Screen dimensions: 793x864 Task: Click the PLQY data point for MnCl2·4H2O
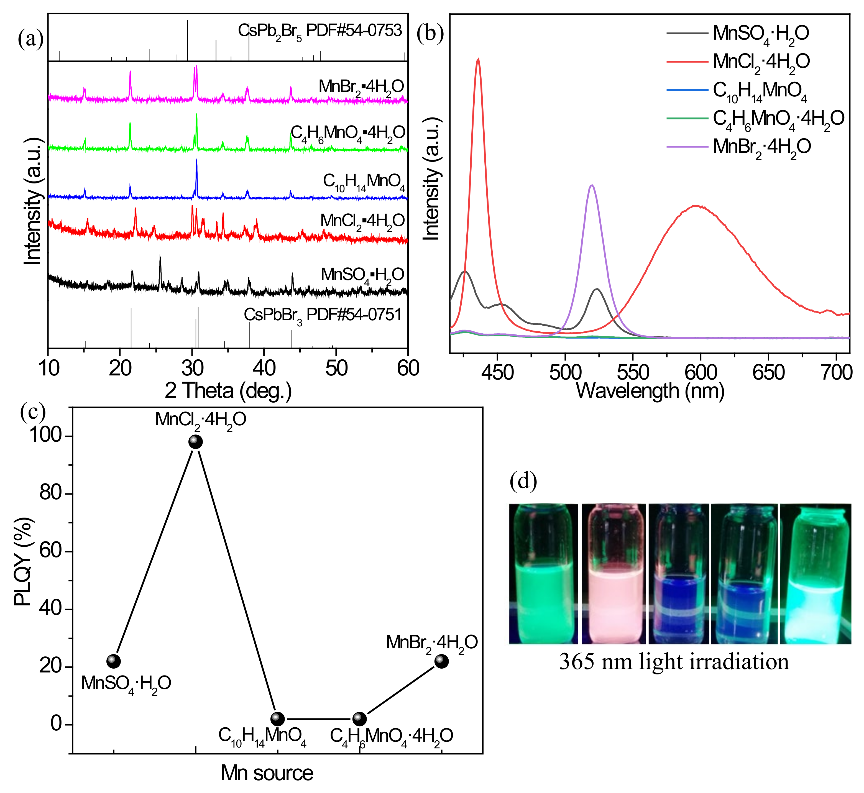click(196, 442)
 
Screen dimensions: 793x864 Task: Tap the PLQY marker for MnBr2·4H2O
click(442, 661)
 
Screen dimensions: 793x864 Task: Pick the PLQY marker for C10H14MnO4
click(278, 719)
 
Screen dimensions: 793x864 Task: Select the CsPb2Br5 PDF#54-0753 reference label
click(320, 31)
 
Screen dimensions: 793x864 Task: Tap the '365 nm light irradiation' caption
click(674, 662)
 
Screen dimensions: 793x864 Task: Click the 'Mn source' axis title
click(267, 773)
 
